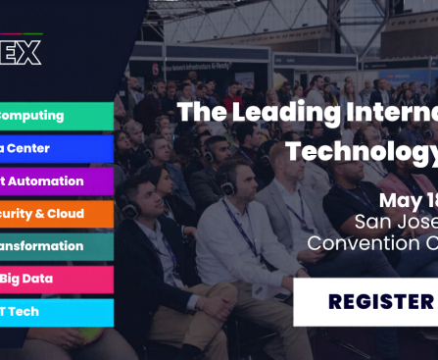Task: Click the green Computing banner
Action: coord(56,116)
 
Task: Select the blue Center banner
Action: coord(56,148)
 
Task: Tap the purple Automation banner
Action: coord(56,181)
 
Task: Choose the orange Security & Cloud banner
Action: coord(56,214)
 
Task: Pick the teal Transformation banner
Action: coord(56,246)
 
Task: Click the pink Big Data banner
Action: coord(56,279)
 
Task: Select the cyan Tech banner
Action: coord(56,311)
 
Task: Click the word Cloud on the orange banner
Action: coord(66,214)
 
